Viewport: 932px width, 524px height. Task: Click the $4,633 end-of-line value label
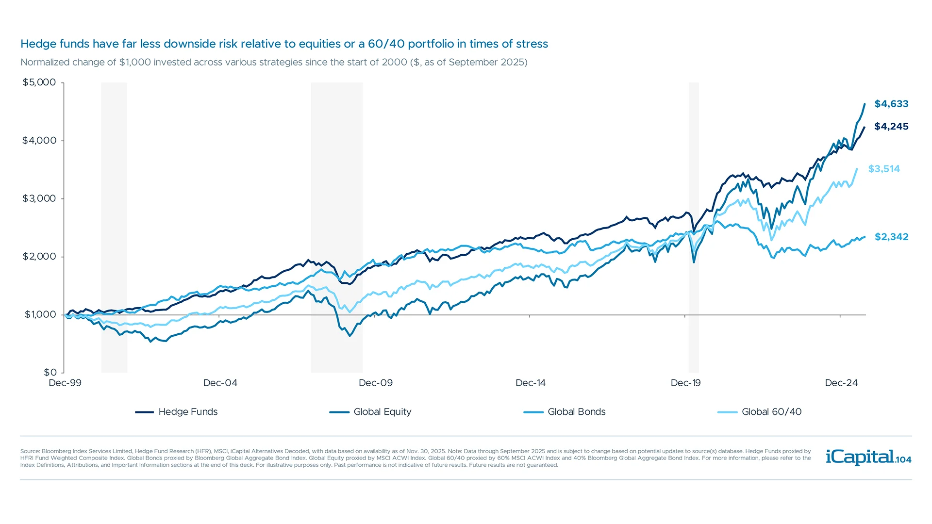[x=891, y=104]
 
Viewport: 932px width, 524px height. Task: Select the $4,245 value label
[x=891, y=127]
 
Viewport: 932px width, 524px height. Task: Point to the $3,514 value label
[x=884, y=169]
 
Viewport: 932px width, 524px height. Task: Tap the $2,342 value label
[x=891, y=237]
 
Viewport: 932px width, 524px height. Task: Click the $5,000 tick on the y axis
[x=39, y=82]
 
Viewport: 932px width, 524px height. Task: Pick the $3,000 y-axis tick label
[x=39, y=198]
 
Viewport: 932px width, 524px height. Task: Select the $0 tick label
[x=50, y=373]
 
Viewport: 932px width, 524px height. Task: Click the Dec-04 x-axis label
[x=220, y=383]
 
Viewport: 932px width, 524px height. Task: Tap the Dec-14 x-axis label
[x=531, y=383]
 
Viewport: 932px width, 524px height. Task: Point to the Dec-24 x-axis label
[x=841, y=383]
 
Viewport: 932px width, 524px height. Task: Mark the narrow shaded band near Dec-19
[x=694, y=227]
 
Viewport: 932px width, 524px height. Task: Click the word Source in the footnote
[x=30, y=451]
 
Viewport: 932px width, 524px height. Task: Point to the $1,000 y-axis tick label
[x=40, y=314]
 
